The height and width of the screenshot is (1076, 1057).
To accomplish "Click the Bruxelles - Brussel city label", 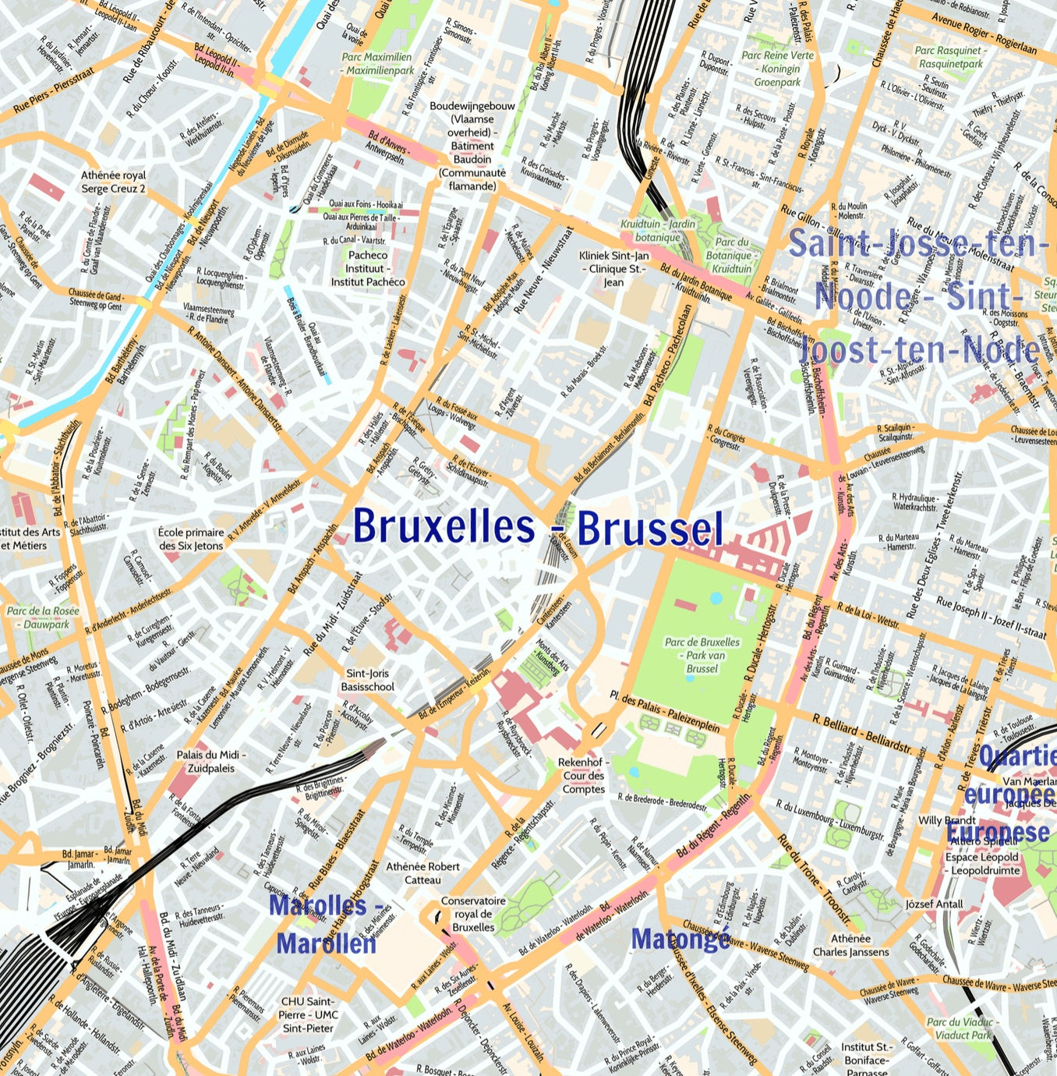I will click(x=538, y=527).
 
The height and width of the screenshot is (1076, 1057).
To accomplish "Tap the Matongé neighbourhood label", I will click(x=681, y=939).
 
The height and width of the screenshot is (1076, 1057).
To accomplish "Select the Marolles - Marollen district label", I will click(x=326, y=925).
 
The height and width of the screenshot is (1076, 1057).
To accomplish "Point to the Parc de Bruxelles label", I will click(x=702, y=655).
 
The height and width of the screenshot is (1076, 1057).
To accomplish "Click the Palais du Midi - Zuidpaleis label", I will click(x=210, y=761).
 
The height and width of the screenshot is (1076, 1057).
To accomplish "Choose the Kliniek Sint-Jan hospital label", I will click(x=614, y=268).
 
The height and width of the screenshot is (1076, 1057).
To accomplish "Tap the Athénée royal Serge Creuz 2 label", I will click(x=114, y=182).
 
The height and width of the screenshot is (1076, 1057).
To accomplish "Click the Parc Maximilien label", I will click(x=377, y=63).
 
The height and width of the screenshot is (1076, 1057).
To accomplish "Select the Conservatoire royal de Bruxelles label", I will click(x=473, y=914).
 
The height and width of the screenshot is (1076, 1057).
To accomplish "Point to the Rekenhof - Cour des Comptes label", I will click(x=583, y=775).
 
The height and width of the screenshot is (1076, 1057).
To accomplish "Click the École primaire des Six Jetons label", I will click(x=191, y=539).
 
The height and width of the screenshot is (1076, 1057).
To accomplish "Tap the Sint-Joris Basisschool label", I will click(x=368, y=680).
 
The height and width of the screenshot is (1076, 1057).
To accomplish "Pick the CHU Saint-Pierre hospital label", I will click(x=309, y=1014).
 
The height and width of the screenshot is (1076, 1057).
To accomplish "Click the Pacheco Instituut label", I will click(x=368, y=268).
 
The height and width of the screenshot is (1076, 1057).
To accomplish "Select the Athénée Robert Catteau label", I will click(x=423, y=872).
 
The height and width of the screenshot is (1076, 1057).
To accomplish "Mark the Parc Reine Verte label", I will click(x=777, y=69).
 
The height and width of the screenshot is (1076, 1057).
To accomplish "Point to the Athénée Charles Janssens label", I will click(x=850, y=945).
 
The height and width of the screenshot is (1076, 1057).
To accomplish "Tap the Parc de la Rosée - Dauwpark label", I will click(x=44, y=618).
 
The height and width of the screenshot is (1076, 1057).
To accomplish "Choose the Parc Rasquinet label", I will click(x=949, y=57).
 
